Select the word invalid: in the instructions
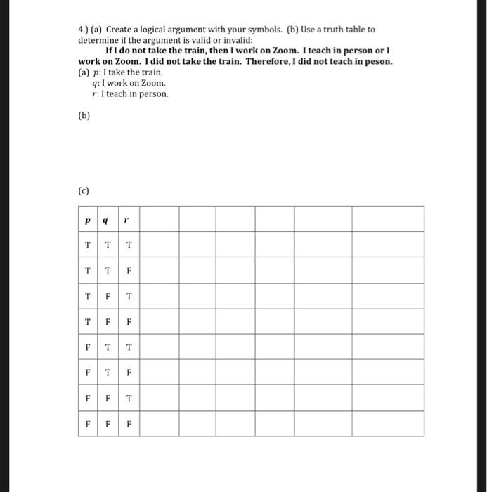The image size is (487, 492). point(227,40)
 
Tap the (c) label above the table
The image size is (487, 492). point(84,190)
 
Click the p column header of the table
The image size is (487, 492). point(87,219)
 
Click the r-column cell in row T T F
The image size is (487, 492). point(129,270)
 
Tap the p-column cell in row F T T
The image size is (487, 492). point(87,347)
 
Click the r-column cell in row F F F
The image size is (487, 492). point(129,424)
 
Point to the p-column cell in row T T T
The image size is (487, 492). point(87,245)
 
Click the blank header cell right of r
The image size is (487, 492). point(158,219)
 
